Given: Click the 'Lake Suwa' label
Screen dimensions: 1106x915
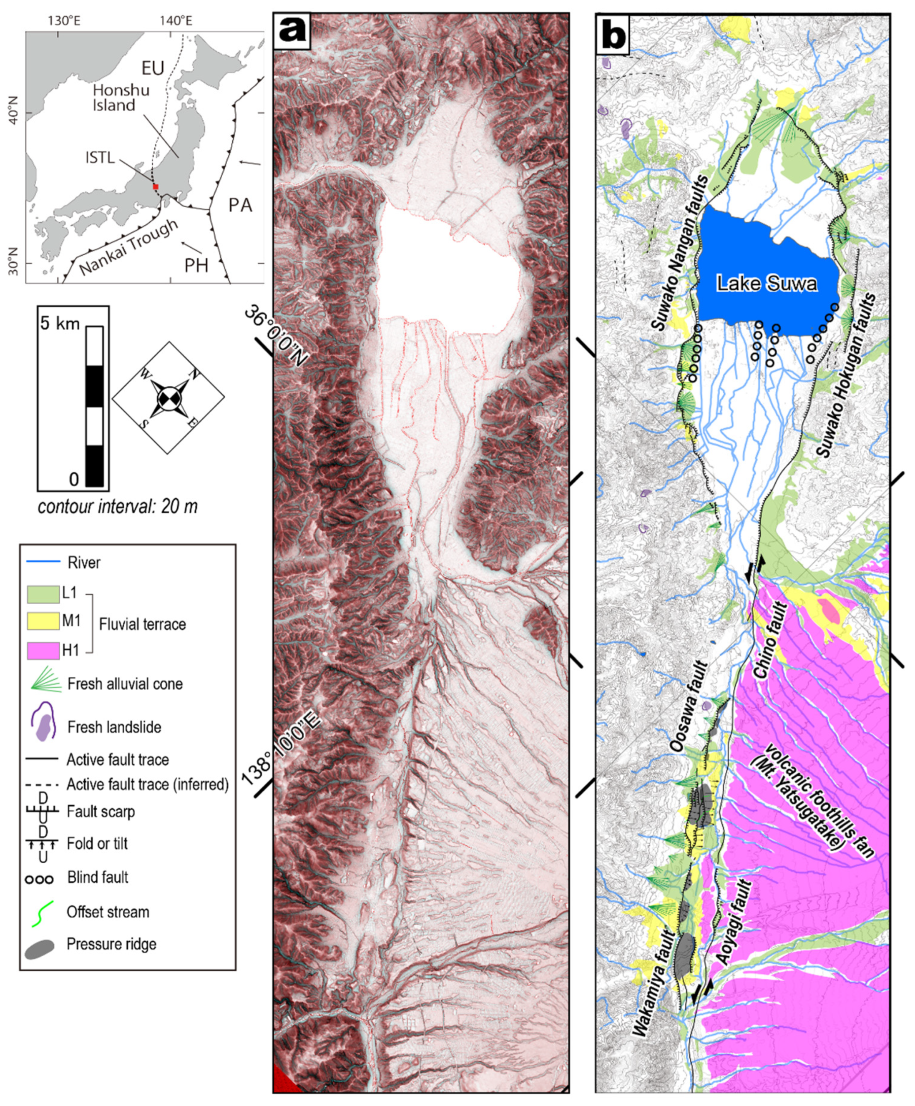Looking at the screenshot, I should tap(767, 284).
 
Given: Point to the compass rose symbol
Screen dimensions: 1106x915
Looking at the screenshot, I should tap(168, 397).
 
